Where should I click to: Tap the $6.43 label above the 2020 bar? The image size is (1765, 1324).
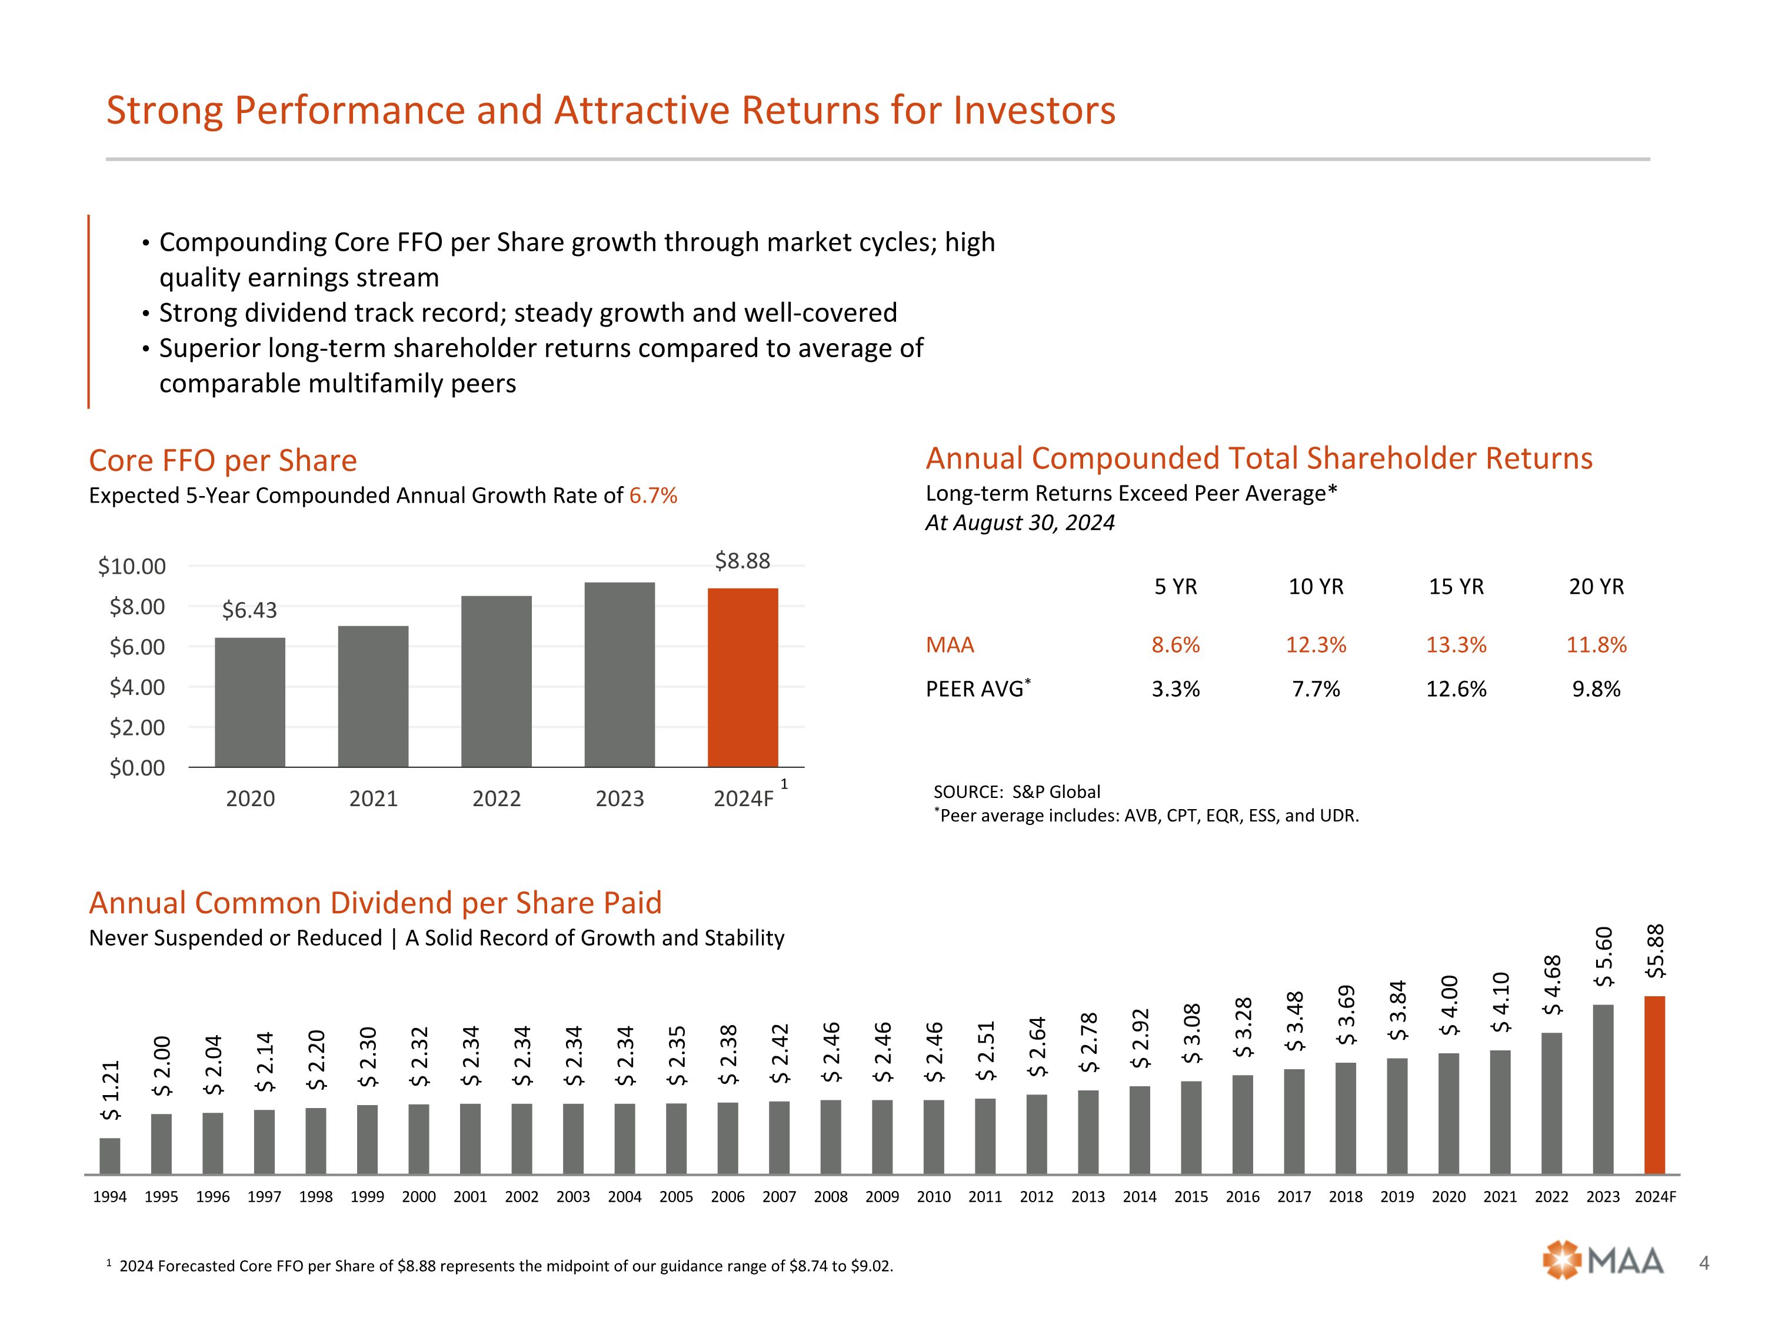249,611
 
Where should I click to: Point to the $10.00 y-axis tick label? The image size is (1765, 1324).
132,567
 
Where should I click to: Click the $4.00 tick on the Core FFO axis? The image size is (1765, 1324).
137,687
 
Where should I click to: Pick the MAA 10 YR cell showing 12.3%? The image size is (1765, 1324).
1316,645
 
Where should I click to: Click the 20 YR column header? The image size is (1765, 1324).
1596,587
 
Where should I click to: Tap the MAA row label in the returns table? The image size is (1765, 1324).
950,645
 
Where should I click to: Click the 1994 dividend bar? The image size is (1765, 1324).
110,1156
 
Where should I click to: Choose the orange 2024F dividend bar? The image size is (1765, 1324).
1655,1085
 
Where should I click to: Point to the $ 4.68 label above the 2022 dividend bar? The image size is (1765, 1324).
1552,986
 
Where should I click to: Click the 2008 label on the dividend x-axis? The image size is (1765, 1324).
831,1196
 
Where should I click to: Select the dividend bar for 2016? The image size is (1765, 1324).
1243,1125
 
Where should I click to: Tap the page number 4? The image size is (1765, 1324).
1704,1263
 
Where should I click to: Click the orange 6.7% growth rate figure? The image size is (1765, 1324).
652,495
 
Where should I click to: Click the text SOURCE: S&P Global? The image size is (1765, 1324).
1017,791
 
